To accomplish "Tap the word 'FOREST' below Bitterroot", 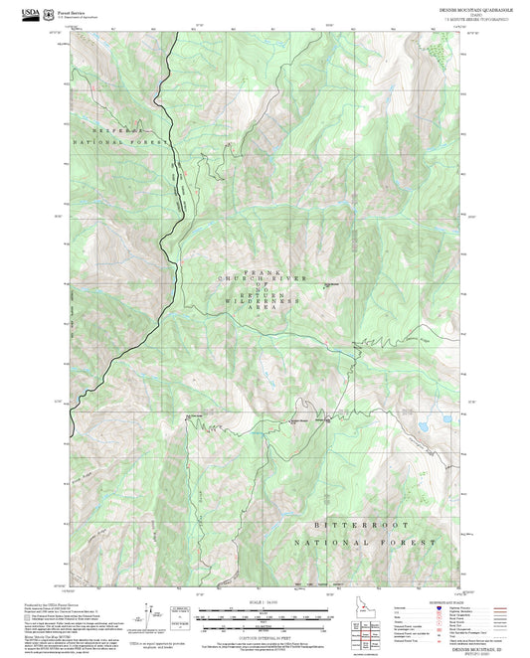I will (x=410, y=543).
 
